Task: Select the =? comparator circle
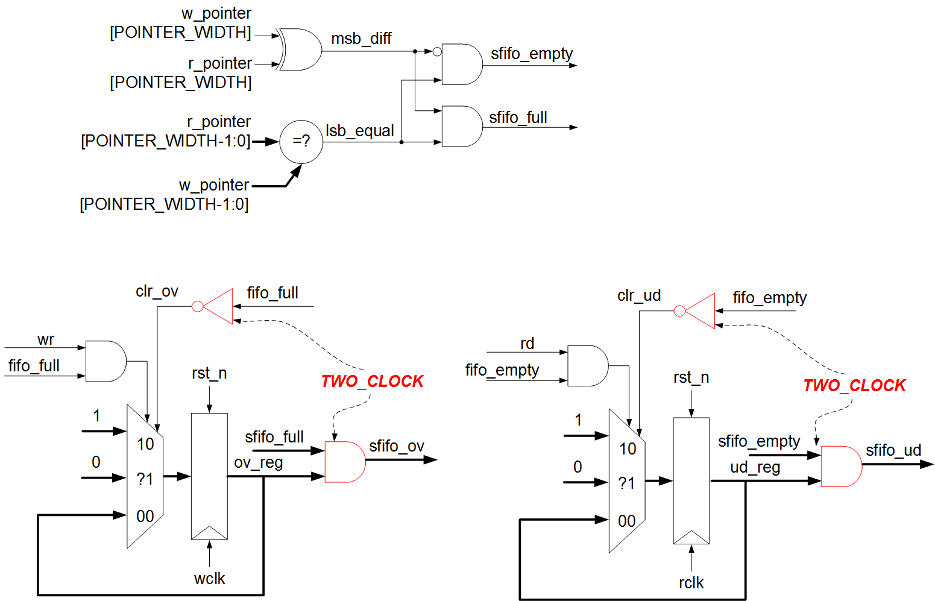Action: (301, 142)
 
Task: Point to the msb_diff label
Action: (361, 39)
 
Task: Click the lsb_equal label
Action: (360, 131)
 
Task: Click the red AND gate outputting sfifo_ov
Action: (344, 462)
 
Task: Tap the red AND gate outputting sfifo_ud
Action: (841, 467)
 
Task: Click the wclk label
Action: (209, 579)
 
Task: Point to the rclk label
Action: (691, 583)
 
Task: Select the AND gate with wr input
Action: (105, 361)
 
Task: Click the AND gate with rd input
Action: (587, 366)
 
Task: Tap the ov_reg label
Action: (258, 463)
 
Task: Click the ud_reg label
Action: (755, 468)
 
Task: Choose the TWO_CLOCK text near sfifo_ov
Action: (372, 382)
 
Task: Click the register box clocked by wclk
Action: (209, 476)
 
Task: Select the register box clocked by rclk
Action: (691, 480)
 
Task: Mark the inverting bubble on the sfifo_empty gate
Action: (437, 52)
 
